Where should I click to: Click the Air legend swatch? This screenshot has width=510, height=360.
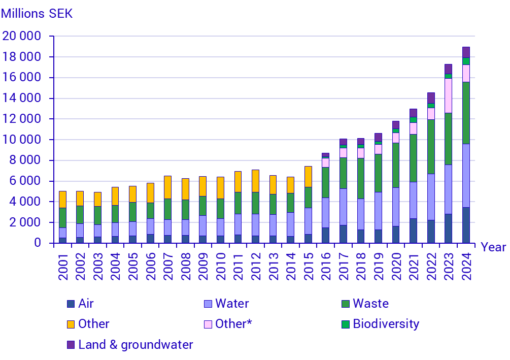(71, 304)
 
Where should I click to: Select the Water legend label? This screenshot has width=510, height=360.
(232, 304)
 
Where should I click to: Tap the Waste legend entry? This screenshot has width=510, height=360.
(370, 304)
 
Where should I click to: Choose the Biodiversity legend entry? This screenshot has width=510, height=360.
(386, 324)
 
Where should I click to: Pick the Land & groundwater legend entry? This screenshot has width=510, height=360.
(135, 345)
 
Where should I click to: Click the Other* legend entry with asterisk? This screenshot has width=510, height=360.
(233, 324)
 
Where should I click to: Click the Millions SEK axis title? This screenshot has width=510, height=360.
(37, 14)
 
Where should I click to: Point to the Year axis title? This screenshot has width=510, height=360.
(493, 247)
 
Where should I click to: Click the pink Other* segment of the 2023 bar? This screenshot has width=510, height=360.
(448, 95)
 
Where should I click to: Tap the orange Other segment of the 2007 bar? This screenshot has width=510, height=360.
(167, 187)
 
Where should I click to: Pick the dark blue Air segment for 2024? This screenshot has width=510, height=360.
(466, 225)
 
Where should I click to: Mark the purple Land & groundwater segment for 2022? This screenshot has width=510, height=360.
(431, 97)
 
